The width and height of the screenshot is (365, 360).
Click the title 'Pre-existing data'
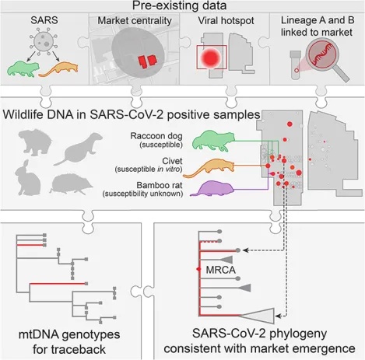point(182,8)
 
